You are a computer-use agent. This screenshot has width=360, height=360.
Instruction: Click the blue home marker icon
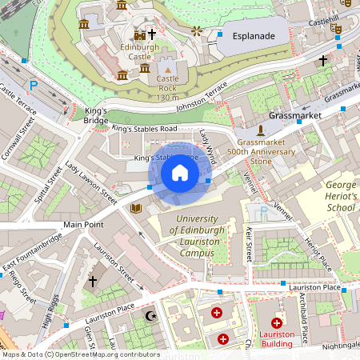coord(179,172)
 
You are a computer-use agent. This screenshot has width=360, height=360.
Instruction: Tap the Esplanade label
coord(254,37)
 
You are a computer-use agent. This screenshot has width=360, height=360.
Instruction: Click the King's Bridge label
coord(95,114)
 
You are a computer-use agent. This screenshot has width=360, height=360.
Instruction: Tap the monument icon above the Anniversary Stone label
coord(260,130)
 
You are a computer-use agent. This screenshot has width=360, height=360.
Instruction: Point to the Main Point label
coord(84,225)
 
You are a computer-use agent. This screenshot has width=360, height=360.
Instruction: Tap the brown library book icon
coord(135,208)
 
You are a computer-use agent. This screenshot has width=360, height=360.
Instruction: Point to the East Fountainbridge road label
coord(32,254)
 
